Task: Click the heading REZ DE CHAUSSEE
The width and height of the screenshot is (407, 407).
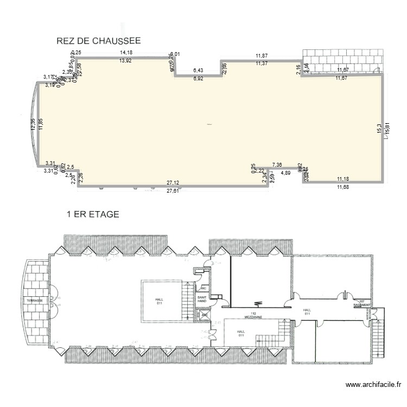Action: tap(98, 41)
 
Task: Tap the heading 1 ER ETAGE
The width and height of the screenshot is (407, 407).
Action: tap(92, 214)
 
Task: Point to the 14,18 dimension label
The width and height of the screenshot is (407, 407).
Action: tap(126, 53)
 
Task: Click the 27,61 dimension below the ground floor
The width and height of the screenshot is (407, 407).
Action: tap(173, 191)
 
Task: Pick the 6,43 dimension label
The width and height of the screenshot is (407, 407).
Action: tap(198, 71)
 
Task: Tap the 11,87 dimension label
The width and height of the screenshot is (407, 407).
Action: tap(262, 55)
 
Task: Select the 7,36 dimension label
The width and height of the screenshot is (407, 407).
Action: tap(277, 164)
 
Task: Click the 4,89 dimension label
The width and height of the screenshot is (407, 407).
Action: tap(285, 173)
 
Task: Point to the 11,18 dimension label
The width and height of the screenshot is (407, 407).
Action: tap(342, 179)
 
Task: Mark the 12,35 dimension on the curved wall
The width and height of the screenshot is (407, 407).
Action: tap(33, 124)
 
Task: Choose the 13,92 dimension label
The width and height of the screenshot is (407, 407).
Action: tap(125, 60)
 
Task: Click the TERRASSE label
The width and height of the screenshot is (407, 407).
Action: tap(35, 300)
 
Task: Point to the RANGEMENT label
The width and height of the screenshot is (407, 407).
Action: tap(363, 305)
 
